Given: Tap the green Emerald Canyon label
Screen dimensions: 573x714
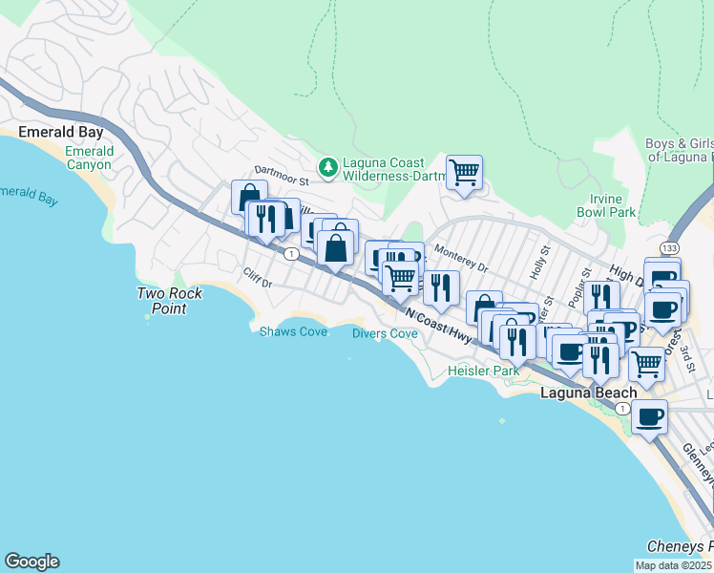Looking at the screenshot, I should [90, 158].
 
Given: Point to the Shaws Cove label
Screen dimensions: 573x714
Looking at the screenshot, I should [293, 331].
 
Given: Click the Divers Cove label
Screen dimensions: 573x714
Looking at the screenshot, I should [385, 333].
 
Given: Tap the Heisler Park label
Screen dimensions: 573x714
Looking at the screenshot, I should [484, 370].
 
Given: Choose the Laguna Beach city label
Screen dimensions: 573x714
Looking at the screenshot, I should [589, 393].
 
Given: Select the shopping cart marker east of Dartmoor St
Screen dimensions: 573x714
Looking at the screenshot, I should [464, 174].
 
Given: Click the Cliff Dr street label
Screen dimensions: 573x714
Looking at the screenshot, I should [258, 283].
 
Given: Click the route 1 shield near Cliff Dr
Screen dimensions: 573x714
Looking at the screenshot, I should [289, 253].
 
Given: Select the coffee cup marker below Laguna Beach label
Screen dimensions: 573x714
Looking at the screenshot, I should [649, 417].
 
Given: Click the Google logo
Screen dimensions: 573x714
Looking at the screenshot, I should [31, 562].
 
